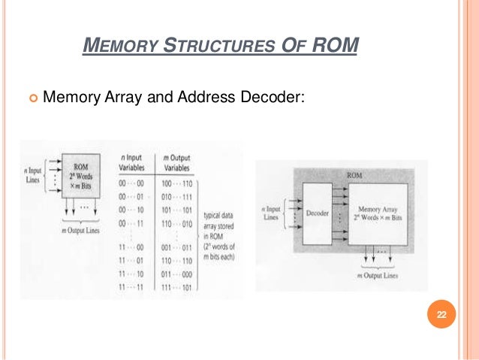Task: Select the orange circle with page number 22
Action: pos(441,315)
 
